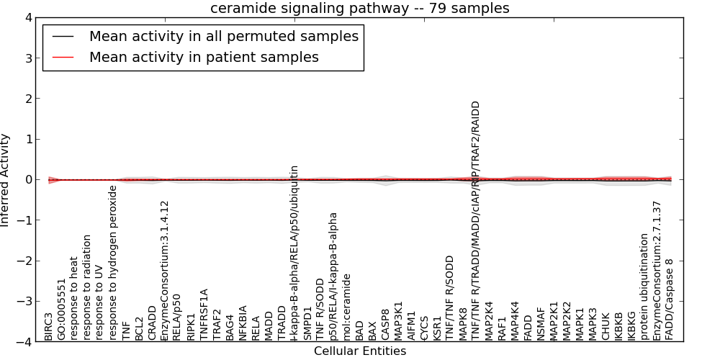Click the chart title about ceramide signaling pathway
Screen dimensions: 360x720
tap(359, 9)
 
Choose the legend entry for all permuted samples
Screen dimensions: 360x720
tap(223, 36)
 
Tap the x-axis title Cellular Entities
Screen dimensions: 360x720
tap(359, 351)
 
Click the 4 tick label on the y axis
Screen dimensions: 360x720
tap(28, 17)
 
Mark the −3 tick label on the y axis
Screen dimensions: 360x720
tap(25, 302)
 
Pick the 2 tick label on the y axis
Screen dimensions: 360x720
tap(28, 99)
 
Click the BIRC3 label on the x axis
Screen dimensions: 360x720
tap(48, 326)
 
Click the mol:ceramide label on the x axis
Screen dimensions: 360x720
tap(346, 306)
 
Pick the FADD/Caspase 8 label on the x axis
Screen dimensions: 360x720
tap(670, 300)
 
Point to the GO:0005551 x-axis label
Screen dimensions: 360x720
tap(61, 310)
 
